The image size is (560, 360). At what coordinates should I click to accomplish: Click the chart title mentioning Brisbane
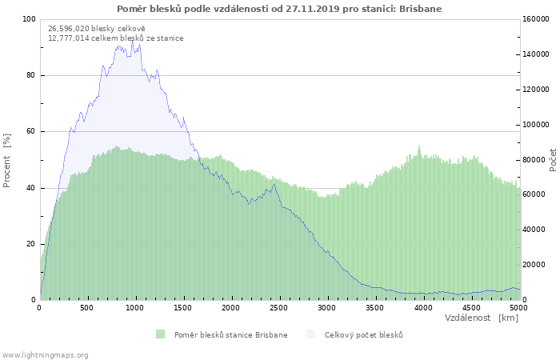pyautogui.click(x=279, y=9)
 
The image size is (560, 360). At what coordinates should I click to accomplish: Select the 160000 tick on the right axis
pyautogui.click(x=537, y=19)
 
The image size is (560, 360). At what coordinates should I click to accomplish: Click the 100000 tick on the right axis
pyautogui.click(x=537, y=125)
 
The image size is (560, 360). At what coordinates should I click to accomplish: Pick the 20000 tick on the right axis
pyautogui.click(x=534, y=265)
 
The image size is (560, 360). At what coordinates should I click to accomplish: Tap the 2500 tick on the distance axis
pyautogui.click(x=278, y=307)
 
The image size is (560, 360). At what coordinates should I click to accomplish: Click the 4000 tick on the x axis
pyautogui.click(x=422, y=307)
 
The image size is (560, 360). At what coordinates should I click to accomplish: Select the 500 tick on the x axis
pyautogui.click(x=86, y=307)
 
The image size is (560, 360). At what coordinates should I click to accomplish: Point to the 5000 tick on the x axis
pyautogui.click(x=518, y=307)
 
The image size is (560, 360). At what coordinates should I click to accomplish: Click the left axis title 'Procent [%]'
pyautogui.click(x=7, y=160)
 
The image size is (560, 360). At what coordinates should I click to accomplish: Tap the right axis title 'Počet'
pyautogui.click(x=553, y=160)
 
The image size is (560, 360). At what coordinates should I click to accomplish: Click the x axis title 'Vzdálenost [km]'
pyautogui.click(x=482, y=318)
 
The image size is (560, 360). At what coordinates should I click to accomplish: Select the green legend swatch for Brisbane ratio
pyautogui.click(x=160, y=334)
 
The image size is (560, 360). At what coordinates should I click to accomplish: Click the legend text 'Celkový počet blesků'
pyautogui.click(x=363, y=334)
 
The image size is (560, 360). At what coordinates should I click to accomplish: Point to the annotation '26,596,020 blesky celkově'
pyautogui.click(x=97, y=28)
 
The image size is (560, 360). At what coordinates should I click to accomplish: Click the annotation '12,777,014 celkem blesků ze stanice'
pyautogui.click(x=115, y=38)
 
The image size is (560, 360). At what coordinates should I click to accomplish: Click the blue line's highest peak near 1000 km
pyautogui.click(x=133, y=41)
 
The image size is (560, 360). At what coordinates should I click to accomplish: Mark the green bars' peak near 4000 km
pyautogui.click(x=419, y=147)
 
